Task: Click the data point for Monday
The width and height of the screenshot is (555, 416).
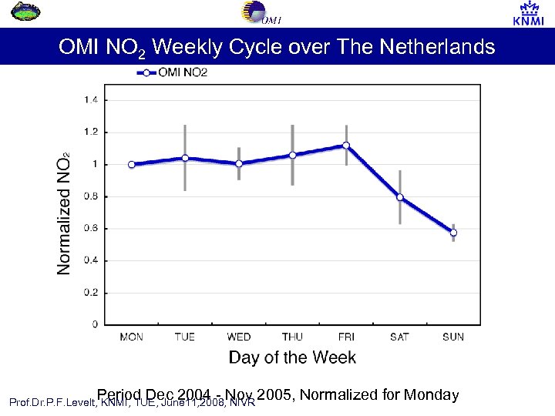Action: coord(131,164)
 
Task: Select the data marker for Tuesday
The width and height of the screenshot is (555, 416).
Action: coord(184,158)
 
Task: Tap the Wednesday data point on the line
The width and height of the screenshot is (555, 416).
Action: coord(239,163)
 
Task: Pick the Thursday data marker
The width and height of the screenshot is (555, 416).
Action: coord(292,155)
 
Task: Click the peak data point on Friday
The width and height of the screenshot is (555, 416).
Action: coord(346,145)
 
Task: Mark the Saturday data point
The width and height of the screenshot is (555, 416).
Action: coord(399,197)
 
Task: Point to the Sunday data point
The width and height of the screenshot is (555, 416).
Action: coord(453,233)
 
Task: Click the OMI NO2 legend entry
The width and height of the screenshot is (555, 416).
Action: coord(173,73)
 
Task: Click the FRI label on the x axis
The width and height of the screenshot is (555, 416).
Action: coord(345,337)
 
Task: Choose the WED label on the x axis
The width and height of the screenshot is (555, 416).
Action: coord(239,337)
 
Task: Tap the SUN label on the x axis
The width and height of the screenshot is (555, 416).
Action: coord(453,337)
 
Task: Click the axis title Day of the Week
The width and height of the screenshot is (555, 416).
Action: coord(292,357)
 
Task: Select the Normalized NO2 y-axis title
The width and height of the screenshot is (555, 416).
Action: coord(65,212)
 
